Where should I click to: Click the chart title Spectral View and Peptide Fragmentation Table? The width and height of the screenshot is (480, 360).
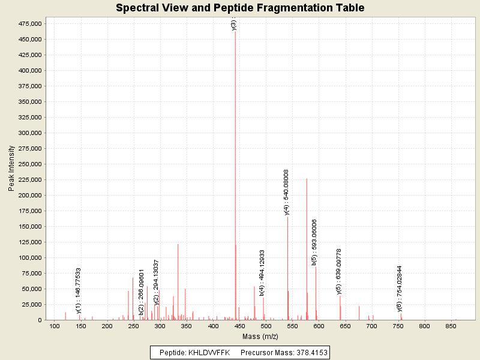(x=240, y=8)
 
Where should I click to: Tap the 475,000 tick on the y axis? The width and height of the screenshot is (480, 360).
(x=29, y=23)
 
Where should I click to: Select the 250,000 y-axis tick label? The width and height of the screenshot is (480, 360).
(x=29, y=164)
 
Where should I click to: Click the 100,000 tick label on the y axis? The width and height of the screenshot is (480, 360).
(x=29, y=257)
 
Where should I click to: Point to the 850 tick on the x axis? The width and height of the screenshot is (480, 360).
(x=451, y=326)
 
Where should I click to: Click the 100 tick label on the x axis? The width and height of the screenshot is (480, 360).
(x=55, y=326)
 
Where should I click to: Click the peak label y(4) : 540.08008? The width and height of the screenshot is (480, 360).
(x=286, y=192)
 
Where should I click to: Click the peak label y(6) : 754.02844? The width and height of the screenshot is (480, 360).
(x=400, y=289)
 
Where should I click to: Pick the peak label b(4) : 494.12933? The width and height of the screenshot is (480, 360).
(x=262, y=273)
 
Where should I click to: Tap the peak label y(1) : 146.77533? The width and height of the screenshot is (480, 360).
(x=79, y=290)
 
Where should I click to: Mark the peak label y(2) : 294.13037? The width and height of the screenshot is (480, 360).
(x=156, y=283)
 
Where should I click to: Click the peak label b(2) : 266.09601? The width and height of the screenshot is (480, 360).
(x=142, y=292)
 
